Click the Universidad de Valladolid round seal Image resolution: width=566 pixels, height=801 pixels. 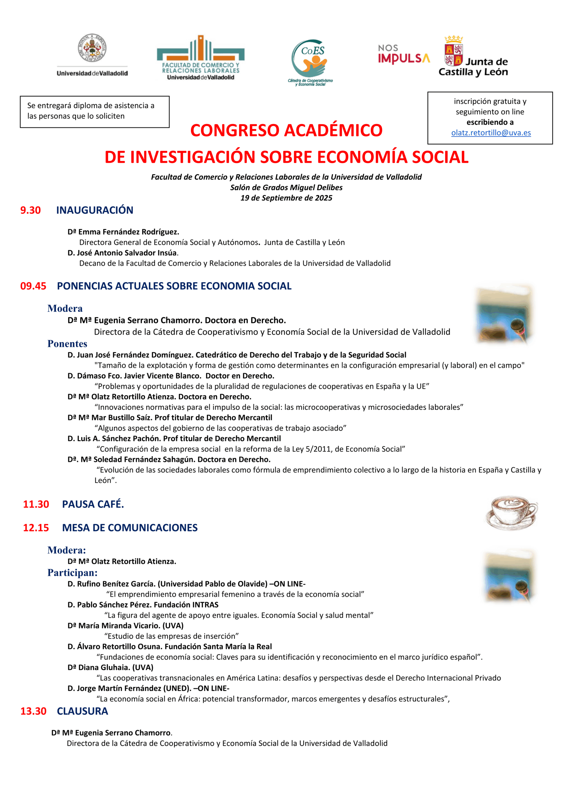click(x=92, y=48)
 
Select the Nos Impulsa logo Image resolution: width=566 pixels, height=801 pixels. click(x=403, y=54)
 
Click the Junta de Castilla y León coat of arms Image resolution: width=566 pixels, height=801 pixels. click(x=453, y=51)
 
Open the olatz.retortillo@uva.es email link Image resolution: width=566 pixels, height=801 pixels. click(x=491, y=133)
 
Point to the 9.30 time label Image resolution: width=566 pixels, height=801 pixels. click(x=30, y=210)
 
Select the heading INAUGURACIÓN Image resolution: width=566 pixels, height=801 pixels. click(x=94, y=210)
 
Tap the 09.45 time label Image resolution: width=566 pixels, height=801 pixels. click(x=33, y=286)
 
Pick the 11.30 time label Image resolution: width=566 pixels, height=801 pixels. click(x=36, y=504)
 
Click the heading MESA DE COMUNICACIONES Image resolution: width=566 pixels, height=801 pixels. click(x=130, y=528)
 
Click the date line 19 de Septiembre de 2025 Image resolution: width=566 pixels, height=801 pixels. click(x=286, y=198)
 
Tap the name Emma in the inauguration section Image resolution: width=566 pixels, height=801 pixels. click(x=88, y=232)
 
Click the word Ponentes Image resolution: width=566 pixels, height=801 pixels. click(x=67, y=344)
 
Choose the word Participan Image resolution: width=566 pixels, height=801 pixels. click(x=72, y=573)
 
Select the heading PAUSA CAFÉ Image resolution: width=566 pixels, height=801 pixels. click(x=93, y=504)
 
